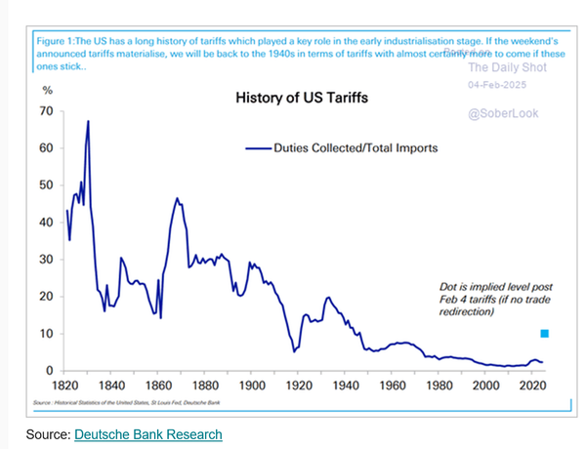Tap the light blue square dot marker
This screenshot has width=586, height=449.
(x=545, y=334)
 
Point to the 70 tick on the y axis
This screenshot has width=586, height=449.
(x=46, y=111)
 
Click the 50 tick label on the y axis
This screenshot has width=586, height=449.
(x=46, y=185)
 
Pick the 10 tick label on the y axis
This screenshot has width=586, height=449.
(x=46, y=334)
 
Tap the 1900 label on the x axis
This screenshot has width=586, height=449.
(x=252, y=387)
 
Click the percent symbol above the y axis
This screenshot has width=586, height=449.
(x=46, y=91)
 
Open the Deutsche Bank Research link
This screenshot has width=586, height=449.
(x=147, y=434)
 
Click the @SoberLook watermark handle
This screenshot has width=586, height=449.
(x=503, y=113)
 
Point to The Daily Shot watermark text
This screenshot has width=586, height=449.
(x=504, y=68)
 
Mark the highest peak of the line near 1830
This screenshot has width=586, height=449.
(x=88, y=121)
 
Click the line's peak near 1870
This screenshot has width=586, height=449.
(x=177, y=199)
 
